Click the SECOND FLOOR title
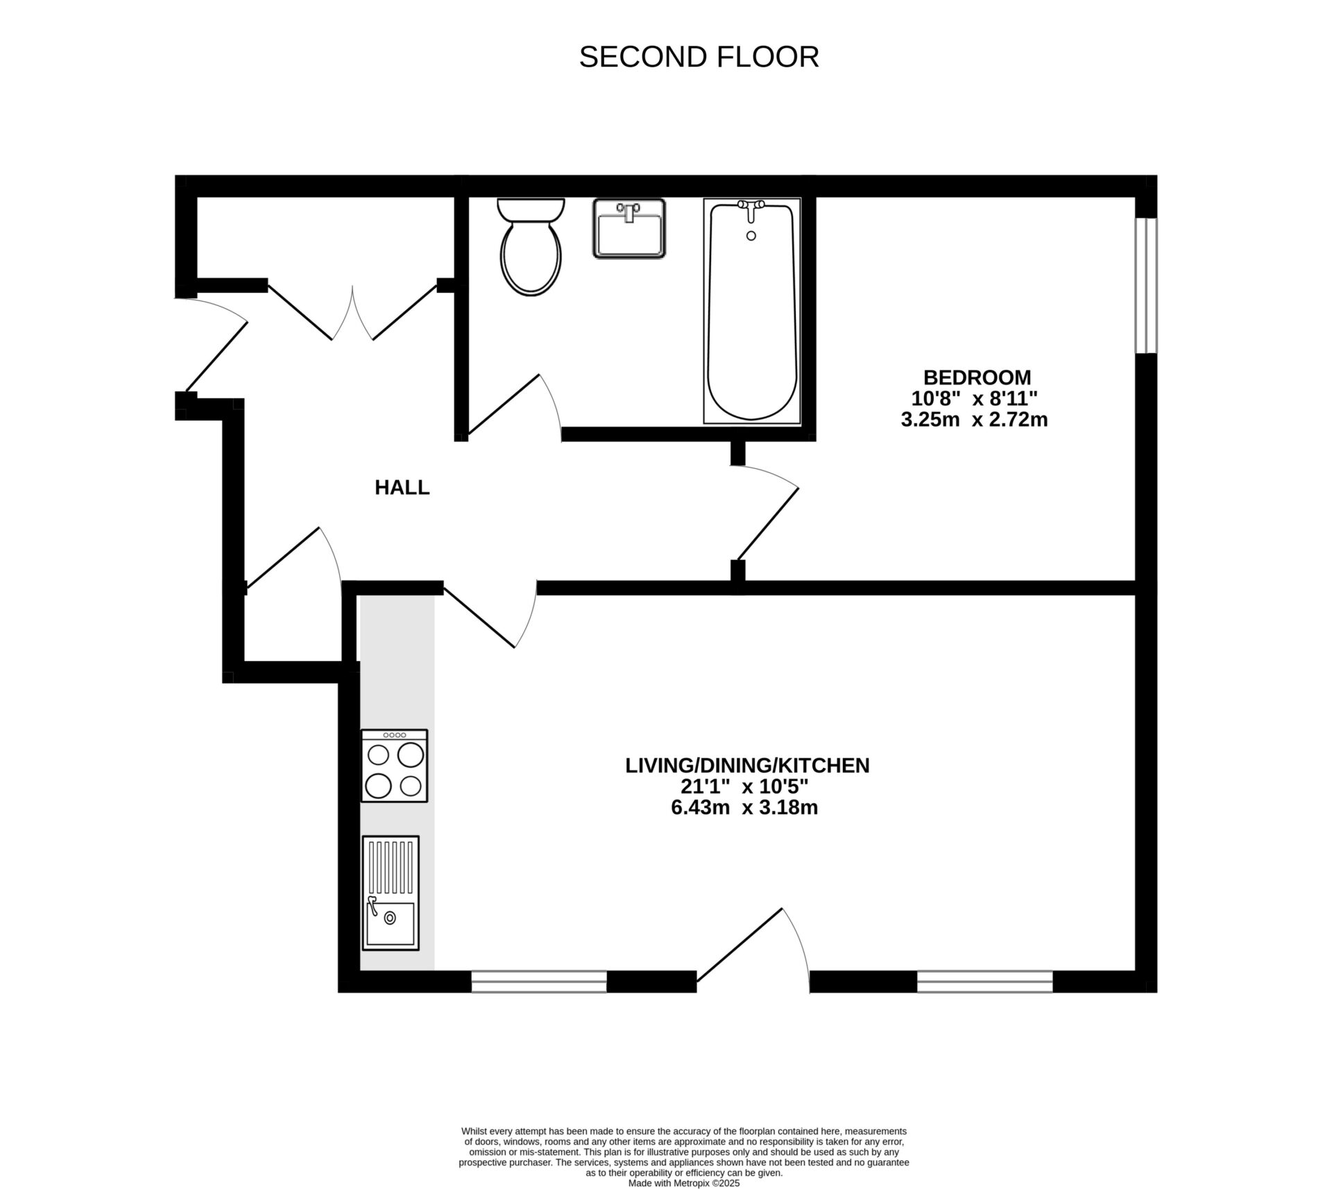point(699,57)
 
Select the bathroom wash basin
point(629,228)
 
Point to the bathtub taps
point(751,206)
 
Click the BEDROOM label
point(976,377)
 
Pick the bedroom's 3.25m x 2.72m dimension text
point(973,420)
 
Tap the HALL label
point(402,488)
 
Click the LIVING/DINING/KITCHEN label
point(746,766)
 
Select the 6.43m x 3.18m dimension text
point(744,808)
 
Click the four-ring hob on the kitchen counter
point(394,766)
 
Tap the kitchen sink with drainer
point(390,893)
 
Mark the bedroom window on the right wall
point(1145,285)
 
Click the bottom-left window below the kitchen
point(539,981)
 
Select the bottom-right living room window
point(984,981)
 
